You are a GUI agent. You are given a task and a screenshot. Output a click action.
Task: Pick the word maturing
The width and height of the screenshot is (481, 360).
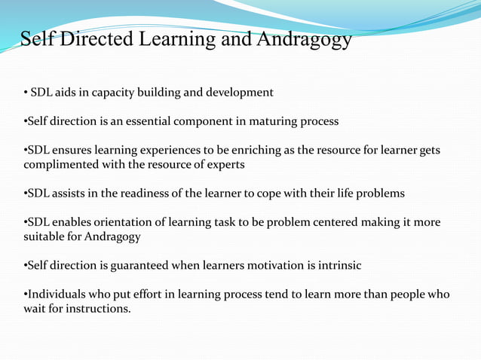click(x=270, y=121)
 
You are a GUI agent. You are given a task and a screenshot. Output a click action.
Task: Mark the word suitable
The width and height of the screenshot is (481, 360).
click(x=45, y=236)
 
